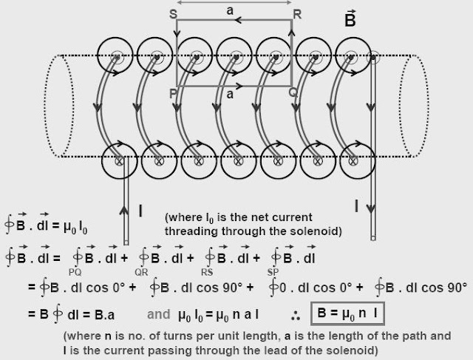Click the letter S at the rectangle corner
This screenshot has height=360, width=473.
pos(173,14)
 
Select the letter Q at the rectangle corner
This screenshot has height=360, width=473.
pos(293,93)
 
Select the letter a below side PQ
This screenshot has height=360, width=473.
pos(231,95)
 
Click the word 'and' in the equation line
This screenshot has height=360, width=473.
pos(159,313)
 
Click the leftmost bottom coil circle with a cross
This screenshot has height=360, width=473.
pos(117,157)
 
